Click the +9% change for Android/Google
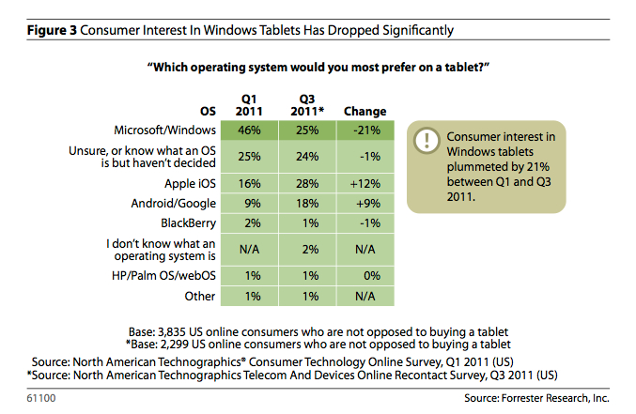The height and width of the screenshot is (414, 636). (359, 203)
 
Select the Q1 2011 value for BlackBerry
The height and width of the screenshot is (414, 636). (249, 223)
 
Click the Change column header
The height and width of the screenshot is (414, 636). (359, 112)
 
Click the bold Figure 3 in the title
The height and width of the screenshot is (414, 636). (49, 30)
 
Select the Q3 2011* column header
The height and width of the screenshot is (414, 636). (306, 104)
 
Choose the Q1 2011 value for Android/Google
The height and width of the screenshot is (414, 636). (249, 203)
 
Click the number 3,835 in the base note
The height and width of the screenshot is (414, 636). (179, 332)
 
